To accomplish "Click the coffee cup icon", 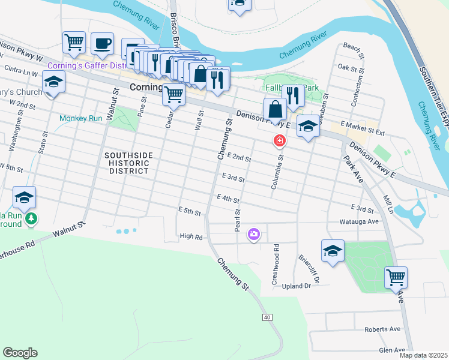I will click(x=102, y=44).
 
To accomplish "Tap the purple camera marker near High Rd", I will click(x=254, y=234).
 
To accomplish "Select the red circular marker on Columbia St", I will click(x=279, y=142).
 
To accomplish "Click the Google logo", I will click(x=20, y=353).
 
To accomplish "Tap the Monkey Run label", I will click(x=81, y=118).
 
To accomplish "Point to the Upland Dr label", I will click(x=297, y=286).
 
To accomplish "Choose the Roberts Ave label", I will click(x=382, y=329).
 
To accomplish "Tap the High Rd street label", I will click(x=191, y=237).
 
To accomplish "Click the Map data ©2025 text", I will click(x=423, y=355).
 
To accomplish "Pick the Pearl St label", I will click(x=238, y=220).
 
